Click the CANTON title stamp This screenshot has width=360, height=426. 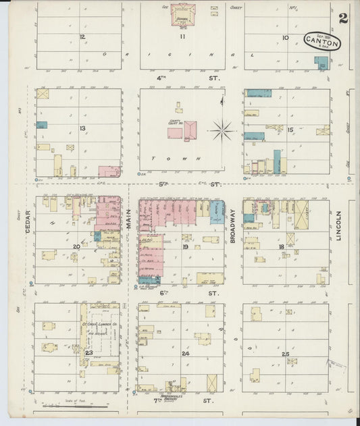322,42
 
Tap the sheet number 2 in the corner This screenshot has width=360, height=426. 343,18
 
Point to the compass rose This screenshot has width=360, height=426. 222,128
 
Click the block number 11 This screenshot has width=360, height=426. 182,37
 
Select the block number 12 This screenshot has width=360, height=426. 82,36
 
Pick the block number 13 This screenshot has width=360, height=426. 82,128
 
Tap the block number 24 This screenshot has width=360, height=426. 185,353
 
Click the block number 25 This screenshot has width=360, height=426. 286,354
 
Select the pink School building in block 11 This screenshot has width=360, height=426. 182,14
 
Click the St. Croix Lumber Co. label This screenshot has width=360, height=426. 100,325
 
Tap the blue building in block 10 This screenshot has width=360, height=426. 321,63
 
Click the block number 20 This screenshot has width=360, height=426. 76,247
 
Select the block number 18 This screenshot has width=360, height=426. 280,247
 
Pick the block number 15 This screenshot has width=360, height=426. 290,129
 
